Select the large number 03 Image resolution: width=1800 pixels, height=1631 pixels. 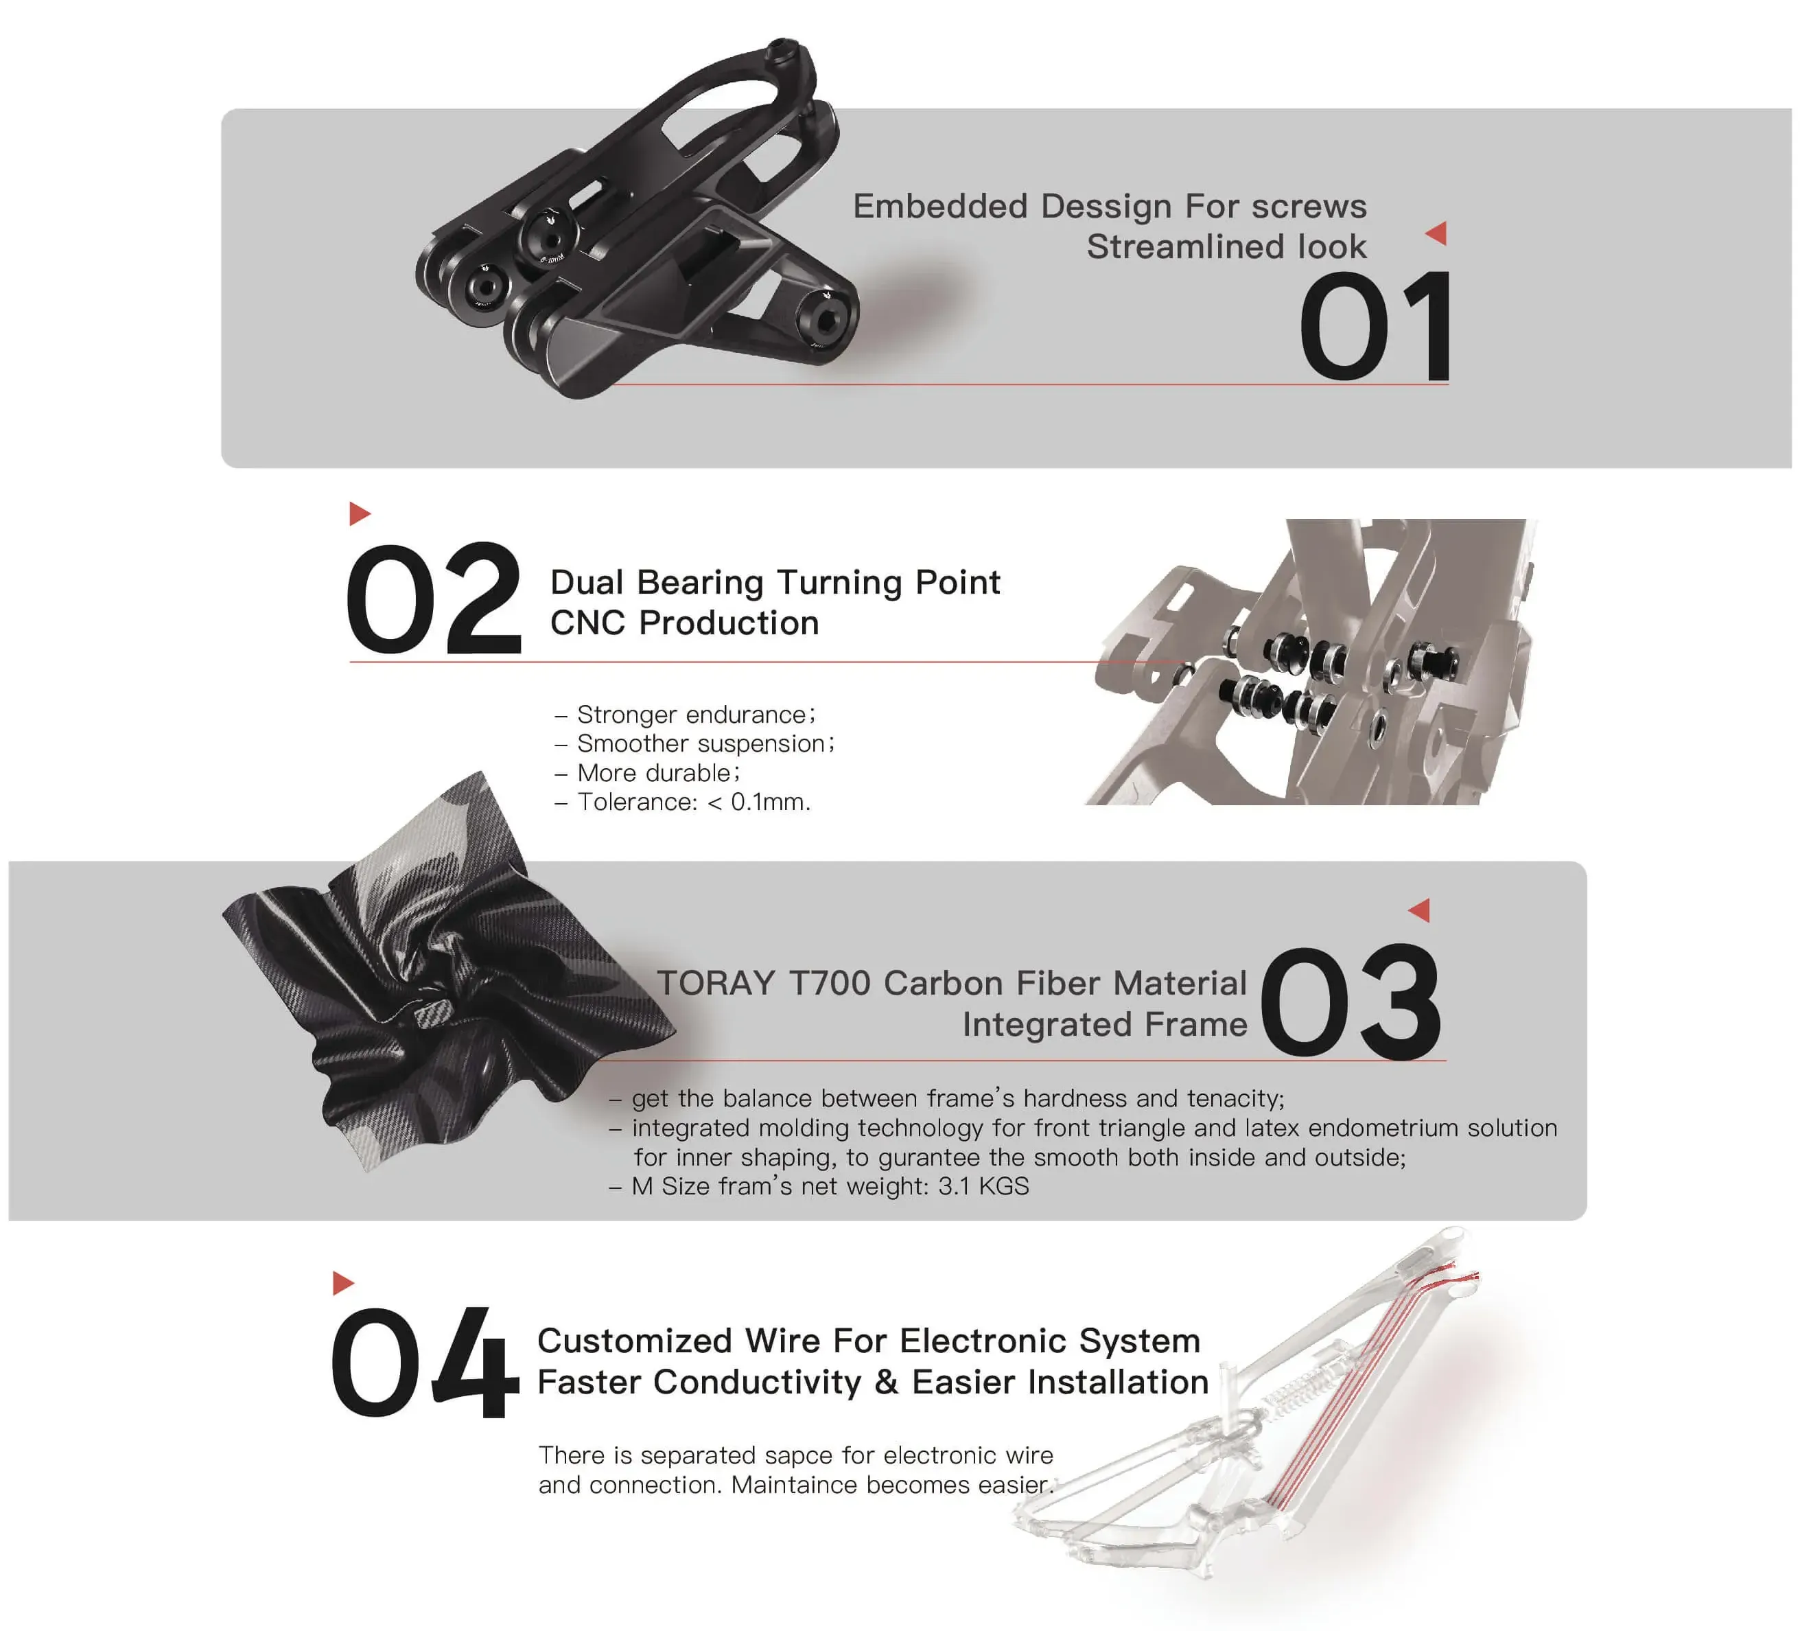[1352, 1002]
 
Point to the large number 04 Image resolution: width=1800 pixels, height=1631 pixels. [424, 1361]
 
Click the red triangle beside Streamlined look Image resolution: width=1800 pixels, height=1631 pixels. [1436, 234]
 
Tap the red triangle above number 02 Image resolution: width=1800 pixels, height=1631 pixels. [360, 513]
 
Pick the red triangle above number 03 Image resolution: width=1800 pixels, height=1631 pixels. [1420, 910]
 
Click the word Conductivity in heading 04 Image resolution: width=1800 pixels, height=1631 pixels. [758, 1383]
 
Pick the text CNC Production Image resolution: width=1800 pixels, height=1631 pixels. [685, 623]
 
